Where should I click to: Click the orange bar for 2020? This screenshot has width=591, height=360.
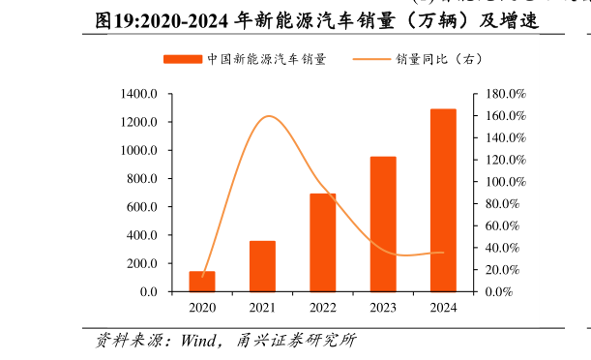click(202, 281)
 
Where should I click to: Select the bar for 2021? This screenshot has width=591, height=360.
click(262, 266)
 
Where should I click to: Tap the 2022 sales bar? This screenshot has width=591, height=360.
click(323, 243)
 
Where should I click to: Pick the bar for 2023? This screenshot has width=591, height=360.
click(383, 224)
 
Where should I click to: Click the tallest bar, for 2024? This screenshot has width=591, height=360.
click(443, 200)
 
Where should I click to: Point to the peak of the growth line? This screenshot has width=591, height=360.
click(268, 116)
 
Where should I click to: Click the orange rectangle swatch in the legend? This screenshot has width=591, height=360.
click(183, 59)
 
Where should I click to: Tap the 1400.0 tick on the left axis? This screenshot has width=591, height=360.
click(140, 94)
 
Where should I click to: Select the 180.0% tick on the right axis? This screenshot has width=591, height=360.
click(503, 94)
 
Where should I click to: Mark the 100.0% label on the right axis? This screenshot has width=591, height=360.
click(503, 182)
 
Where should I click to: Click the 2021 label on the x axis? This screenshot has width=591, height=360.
click(262, 308)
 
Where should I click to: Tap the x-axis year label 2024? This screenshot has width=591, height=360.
click(443, 308)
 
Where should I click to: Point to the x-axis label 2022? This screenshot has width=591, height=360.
click(323, 308)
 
